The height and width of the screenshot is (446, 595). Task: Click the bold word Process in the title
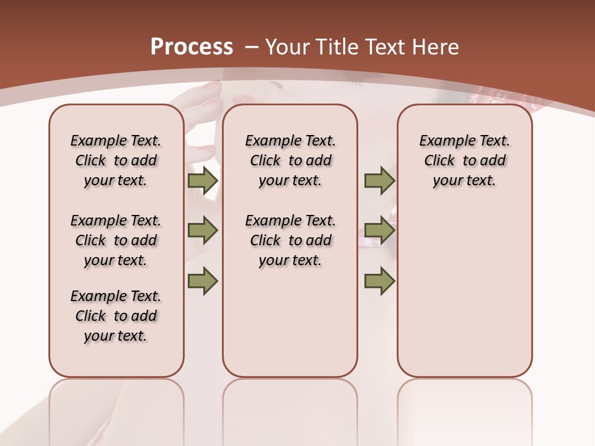(x=192, y=46)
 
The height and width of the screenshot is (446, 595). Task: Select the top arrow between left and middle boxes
(x=202, y=180)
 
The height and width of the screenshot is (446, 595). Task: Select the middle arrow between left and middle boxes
(x=202, y=230)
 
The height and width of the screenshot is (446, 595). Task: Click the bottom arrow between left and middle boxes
(x=202, y=281)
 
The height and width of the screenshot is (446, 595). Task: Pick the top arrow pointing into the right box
(x=379, y=180)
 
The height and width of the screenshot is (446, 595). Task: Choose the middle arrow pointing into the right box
(x=379, y=230)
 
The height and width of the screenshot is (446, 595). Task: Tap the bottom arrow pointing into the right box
(x=379, y=281)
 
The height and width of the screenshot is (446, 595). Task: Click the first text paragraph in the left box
(x=116, y=160)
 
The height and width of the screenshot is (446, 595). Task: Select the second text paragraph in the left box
(x=116, y=240)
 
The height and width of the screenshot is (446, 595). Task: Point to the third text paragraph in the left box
(x=116, y=316)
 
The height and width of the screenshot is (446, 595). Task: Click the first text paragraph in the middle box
(x=290, y=160)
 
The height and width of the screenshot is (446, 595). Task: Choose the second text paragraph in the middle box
(x=290, y=240)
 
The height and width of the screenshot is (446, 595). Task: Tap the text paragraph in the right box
(x=464, y=160)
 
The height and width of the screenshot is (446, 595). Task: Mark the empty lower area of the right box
(x=464, y=291)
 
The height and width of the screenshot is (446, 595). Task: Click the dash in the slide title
(x=251, y=46)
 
